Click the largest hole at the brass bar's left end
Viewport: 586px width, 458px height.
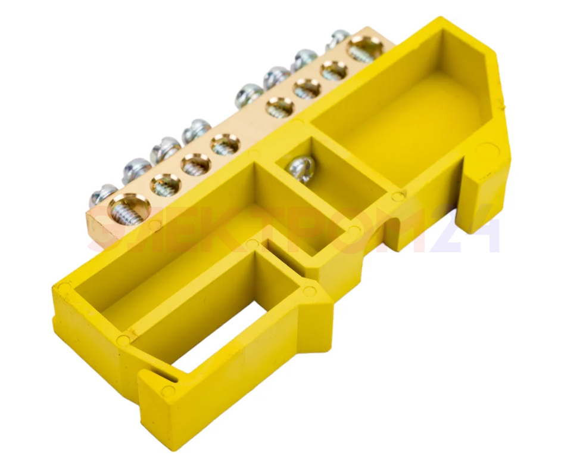[129, 209]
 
